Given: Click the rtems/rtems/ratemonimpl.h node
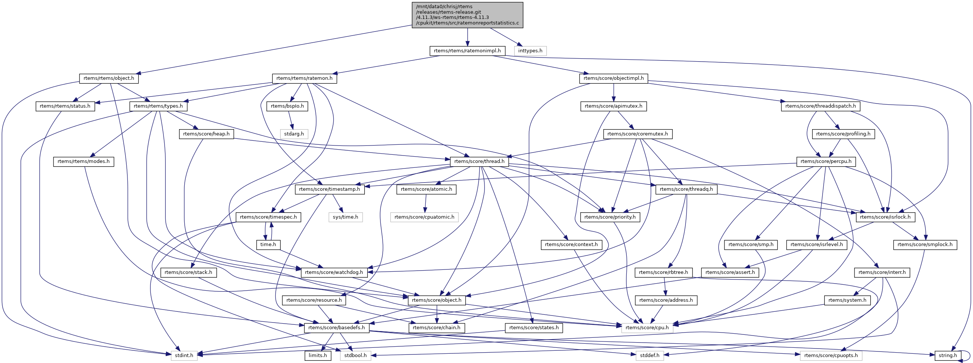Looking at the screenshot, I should [x=467, y=50].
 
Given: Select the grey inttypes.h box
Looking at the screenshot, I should [x=530, y=50].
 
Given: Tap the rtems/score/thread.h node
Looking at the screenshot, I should [x=479, y=161].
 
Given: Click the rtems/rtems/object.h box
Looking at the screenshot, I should [x=109, y=78].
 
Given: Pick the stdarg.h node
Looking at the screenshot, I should [x=294, y=134].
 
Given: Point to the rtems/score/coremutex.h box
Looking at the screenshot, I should [x=638, y=134].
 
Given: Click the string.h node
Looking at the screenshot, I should [x=948, y=356].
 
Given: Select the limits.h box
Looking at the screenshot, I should [x=318, y=356].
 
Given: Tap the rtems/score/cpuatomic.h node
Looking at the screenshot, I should [x=425, y=217].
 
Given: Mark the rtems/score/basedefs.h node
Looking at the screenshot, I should [x=337, y=327].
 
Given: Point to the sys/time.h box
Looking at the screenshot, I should [x=345, y=217].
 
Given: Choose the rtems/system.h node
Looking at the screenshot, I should [x=847, y=300].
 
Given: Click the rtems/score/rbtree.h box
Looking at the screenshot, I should [x=664, y=272].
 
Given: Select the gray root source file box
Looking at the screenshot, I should [x=467, y=15].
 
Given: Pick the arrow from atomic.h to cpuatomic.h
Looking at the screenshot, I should [x=426, y=203].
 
